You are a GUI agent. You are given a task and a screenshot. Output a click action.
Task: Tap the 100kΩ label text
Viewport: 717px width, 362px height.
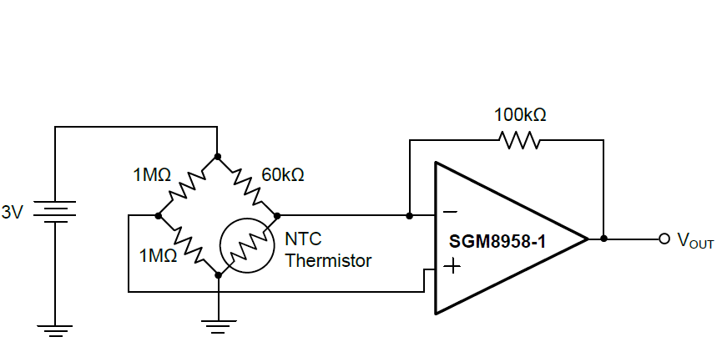(519, 114)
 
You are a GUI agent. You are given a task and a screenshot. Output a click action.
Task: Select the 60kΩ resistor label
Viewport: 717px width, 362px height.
(283, 175)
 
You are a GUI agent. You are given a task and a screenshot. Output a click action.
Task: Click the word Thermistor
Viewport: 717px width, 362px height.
(328, 260)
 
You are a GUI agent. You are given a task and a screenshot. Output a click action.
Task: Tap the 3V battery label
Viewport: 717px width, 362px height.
(13, 213)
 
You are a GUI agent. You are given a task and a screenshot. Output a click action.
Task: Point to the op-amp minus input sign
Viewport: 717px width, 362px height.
(450, 212)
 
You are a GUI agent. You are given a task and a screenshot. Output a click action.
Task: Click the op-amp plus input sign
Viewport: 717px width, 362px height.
(452, 267)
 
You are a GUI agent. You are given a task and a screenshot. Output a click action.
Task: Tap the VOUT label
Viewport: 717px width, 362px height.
(695, 241)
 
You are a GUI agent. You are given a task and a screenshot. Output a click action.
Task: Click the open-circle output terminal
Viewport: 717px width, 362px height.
(664, 239)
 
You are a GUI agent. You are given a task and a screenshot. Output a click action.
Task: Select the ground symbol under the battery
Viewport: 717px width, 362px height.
(55, 330)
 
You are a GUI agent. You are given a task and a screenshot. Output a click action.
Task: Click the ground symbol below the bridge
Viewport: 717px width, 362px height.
(217, 326)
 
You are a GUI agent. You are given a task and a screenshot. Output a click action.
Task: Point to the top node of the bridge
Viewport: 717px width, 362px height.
(217, 156)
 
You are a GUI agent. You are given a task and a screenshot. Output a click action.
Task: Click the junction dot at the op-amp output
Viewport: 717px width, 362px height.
(603, 239)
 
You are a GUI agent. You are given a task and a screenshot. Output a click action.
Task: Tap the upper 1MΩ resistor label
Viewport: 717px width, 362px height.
(152, 175)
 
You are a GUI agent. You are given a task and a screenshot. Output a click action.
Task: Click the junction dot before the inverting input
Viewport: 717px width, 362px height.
(409, 215)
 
